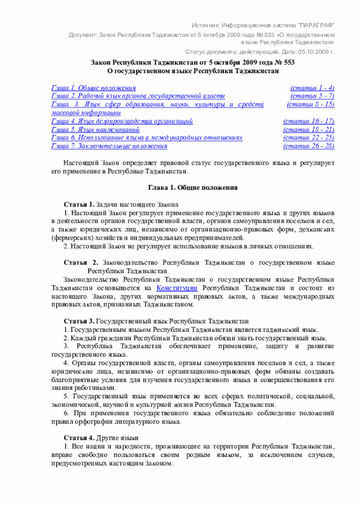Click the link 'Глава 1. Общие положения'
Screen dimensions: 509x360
(93, 88)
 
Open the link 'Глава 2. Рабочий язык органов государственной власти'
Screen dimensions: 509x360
(138, 96)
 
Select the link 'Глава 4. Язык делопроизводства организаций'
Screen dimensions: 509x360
(122, 121)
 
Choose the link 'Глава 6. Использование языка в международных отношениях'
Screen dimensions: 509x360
(147, 137)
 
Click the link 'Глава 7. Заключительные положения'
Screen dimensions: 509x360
(109, 146)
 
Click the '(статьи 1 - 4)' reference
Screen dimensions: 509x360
(312, 88)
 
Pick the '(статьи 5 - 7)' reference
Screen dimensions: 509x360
(312, 96)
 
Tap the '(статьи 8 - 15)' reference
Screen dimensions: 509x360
(310, 105)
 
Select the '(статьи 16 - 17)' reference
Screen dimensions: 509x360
(309, 121)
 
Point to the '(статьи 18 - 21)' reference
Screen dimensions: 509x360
(309, 129)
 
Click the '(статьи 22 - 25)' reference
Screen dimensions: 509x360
(309, 137)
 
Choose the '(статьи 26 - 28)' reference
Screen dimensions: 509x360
(309, 146)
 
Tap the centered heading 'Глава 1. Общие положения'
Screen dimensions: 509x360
(192, 187)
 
